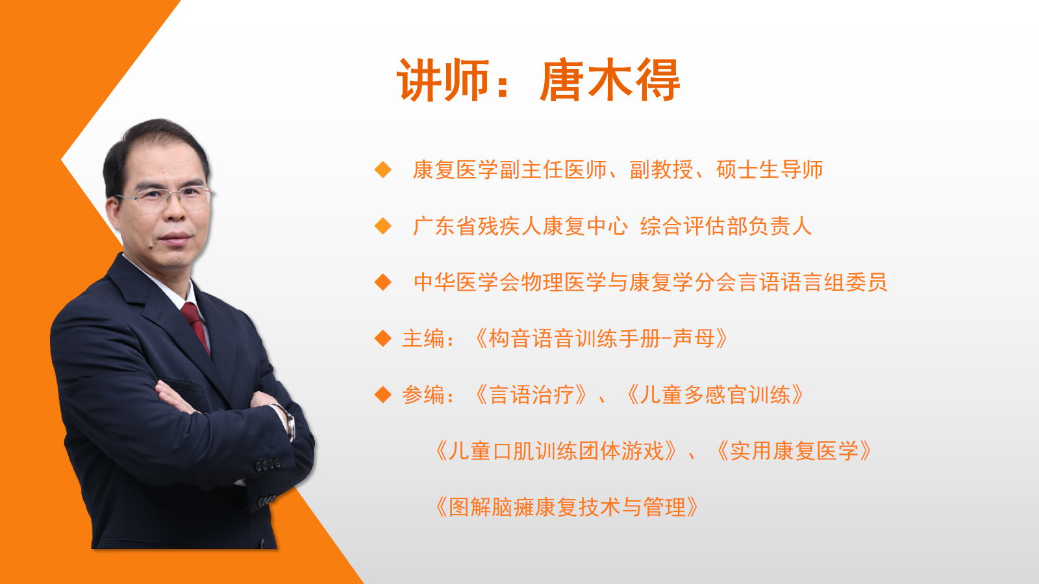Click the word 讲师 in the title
[444, 80]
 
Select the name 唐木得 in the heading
[610, 80]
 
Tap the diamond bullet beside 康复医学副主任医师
[383, 169]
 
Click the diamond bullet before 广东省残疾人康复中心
[383, 226]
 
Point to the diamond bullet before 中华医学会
[383, 282]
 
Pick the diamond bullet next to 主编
[383, 338]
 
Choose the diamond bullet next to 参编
[383, 395]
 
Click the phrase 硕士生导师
[770, 169]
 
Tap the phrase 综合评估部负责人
[726, 226]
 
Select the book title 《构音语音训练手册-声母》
[601, 338]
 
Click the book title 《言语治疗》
[532, 395]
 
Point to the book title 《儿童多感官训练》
[714, 395]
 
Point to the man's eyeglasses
[166, 195]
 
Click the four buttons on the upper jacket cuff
[269, 464]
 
